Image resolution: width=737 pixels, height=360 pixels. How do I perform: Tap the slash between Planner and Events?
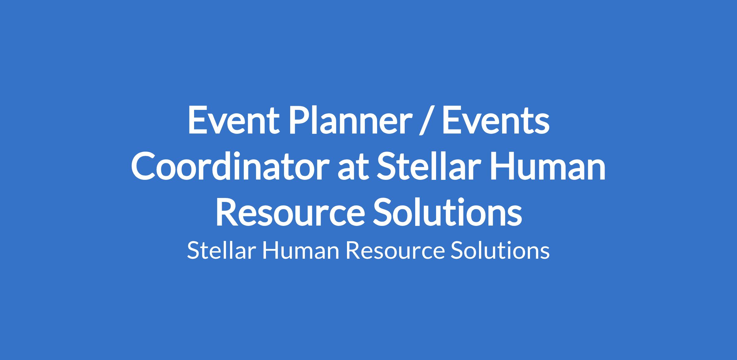coord(426,121)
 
